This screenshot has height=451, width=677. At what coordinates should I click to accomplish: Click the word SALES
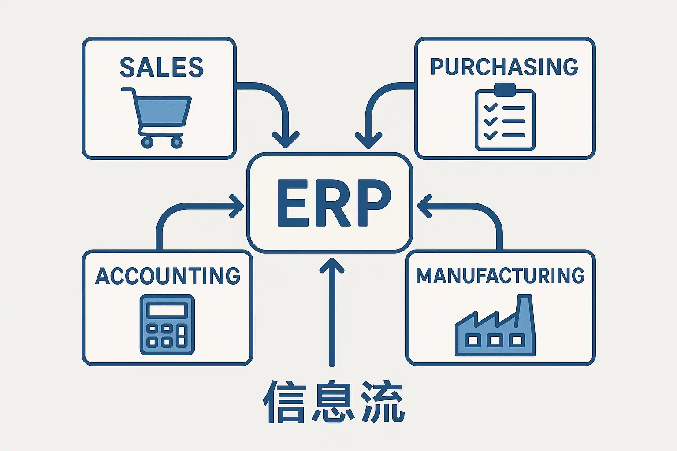(162, 67)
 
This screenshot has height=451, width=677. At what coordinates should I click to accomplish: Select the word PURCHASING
(504, 67)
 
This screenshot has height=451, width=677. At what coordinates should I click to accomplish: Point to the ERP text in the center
(334, 203)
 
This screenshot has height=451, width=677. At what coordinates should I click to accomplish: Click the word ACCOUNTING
(167, 276)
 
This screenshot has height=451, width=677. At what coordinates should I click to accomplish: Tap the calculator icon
(167, 325)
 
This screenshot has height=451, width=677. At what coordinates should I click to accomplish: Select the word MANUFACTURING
(500, 276)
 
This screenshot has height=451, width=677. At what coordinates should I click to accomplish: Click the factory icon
(495, 328)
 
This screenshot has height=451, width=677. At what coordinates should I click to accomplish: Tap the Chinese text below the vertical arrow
(334, 402)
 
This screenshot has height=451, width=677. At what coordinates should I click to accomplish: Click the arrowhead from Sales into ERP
(286, 140)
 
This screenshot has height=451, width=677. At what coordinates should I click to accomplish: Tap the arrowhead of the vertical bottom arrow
(331, 267)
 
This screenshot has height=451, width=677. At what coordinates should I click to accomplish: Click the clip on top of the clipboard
(505, 90)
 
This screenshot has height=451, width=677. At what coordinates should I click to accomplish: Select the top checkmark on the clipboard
(490, 107)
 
